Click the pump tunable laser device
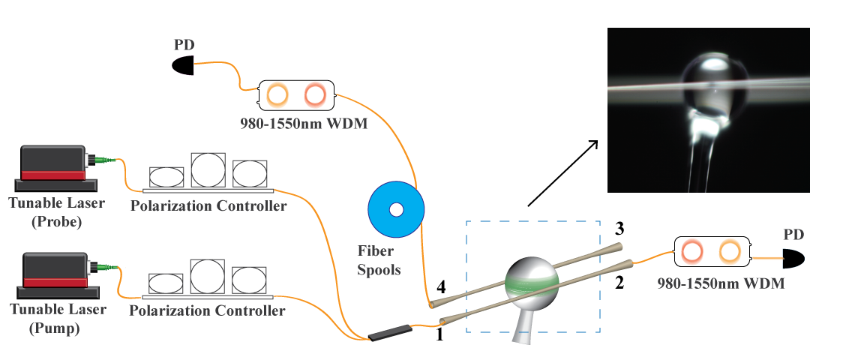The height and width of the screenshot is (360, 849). click(x=53, y=269)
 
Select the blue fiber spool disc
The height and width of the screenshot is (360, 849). click(x=397, y=209)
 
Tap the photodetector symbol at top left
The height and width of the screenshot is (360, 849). click(x=184, y=66)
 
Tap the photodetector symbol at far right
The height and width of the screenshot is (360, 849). click(x=793, y=259)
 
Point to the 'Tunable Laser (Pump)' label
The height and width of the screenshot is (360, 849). click(x=56, y=316)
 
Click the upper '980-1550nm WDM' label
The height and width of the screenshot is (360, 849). click(x=304, y=124)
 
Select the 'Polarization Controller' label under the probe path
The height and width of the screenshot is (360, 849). click(x=208, y=205)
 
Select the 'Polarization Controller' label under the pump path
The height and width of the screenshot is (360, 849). click(x=208, y=310)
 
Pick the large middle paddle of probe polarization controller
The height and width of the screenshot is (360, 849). click(x=208, y=170)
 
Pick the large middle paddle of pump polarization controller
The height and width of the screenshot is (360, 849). click(x=208, y=275)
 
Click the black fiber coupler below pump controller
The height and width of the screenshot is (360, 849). click(x=389, y=331)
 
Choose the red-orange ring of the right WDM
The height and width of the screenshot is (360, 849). click(x=692, y=251)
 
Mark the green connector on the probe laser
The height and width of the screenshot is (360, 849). click(x=101, y=159)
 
